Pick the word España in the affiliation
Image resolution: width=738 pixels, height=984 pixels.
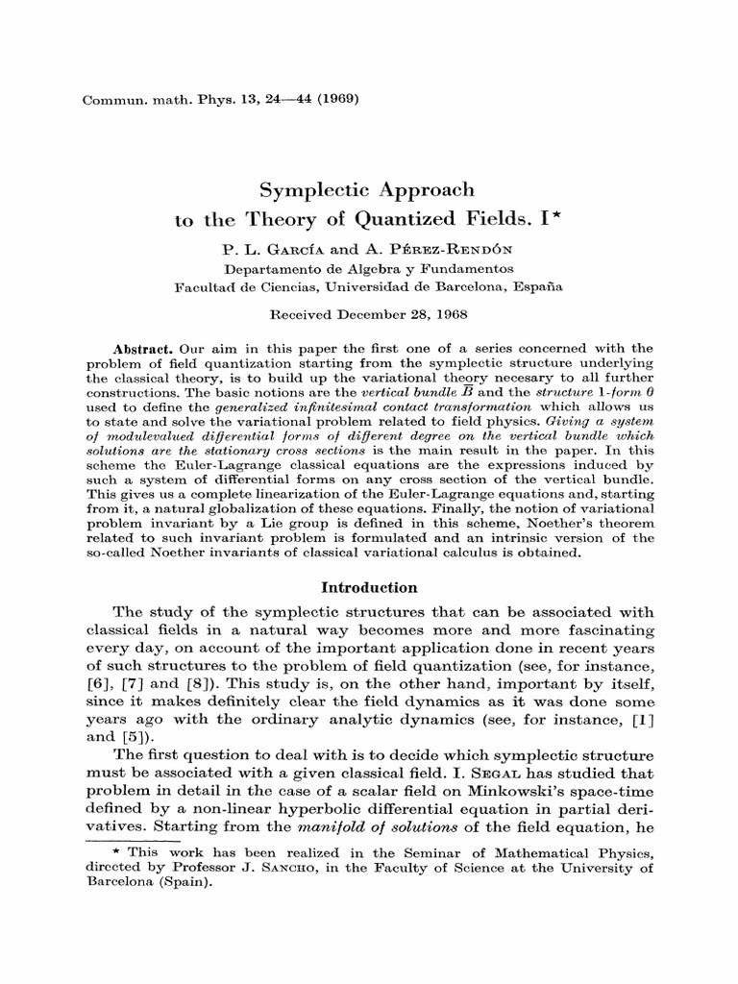(x=538, y=285)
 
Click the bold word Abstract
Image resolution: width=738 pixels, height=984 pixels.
(x=142, y=348)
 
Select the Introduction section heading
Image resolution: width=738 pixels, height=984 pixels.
(x=369, y=587)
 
